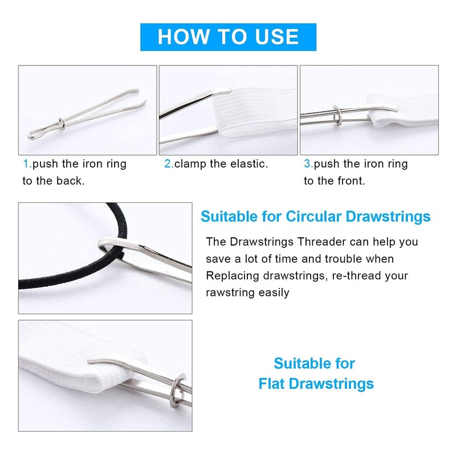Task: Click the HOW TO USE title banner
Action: pos(228,36)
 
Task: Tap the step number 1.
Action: pos(26,164)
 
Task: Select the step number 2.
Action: pos(168,164)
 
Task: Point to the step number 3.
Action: pos(308,164)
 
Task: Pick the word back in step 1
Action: pos(73,181)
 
